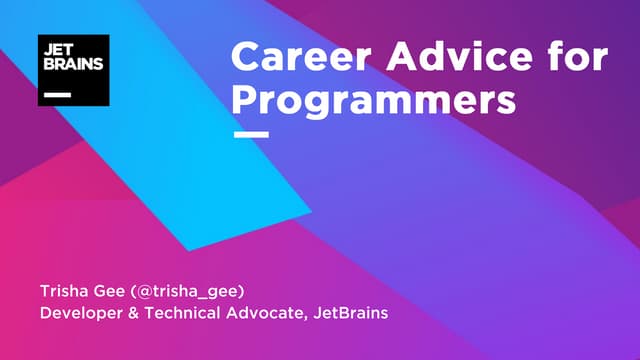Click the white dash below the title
tap(250, 133)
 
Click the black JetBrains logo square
tap(73, 70)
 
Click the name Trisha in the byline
tap(62, 291)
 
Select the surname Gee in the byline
tap(108, 291)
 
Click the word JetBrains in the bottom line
tap(351, 314)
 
